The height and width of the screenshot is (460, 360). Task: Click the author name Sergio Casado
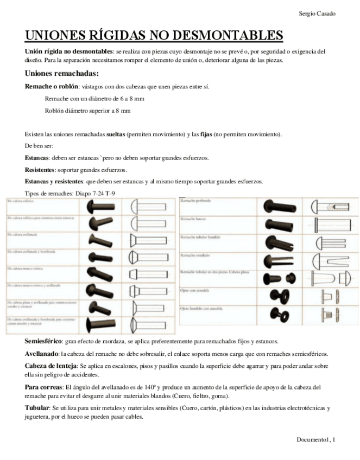pyautogui.click(x=317, y=13)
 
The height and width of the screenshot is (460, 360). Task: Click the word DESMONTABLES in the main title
pyautogui.click(x=228, y=36)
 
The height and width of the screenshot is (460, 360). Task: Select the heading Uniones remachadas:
pyautogui.click(x=62, y=73)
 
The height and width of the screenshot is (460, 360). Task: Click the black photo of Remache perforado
pyautogui.click(x=279, y=206)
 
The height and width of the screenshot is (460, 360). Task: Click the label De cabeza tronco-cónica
pyautogui.click(x=24, y=268)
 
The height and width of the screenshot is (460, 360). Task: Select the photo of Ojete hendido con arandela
pyautogui.click(x=279, y=314)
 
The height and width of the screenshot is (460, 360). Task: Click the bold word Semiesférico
pyautogui.click(x=43, y=342)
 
